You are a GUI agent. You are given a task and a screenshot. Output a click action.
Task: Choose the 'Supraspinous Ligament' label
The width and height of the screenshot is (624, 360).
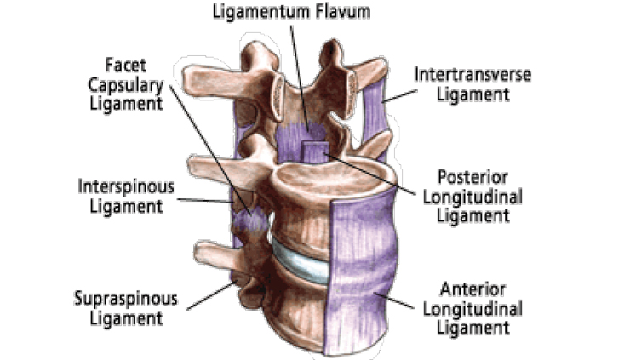pyautogui.click(x=127, y=309)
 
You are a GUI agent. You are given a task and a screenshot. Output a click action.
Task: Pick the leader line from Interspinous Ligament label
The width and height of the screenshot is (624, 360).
pyautogui.click(x=204, y=202)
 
